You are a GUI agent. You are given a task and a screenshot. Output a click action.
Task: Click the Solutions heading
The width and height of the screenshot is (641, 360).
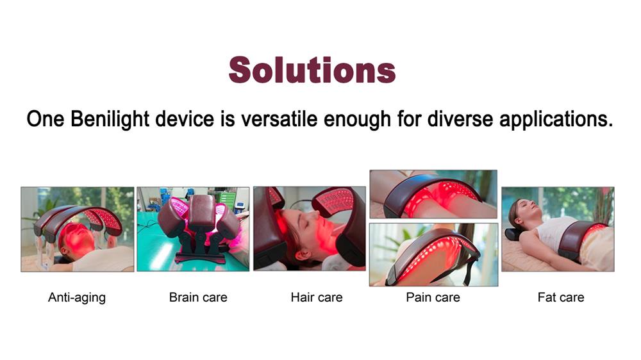(312, 70)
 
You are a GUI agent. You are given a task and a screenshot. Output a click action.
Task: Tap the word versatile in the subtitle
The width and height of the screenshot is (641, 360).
(279, 119)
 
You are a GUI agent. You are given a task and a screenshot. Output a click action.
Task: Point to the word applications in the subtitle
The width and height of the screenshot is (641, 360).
(556, 120)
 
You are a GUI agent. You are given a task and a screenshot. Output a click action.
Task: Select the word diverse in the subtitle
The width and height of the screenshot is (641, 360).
(460, 119)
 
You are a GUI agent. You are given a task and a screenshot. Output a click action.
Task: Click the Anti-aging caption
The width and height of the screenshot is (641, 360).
(77, 297)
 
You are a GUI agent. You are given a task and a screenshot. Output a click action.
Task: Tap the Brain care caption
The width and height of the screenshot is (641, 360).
(198, 297)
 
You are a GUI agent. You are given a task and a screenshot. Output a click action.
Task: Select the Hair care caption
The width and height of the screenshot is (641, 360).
(317, 297)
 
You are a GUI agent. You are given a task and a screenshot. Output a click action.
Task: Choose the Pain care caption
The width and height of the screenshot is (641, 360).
(433, 297)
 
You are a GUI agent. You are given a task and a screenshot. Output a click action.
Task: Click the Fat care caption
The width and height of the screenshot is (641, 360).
(561, 297)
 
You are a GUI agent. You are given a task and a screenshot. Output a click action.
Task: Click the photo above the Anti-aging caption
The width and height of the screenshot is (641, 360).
(78, 229)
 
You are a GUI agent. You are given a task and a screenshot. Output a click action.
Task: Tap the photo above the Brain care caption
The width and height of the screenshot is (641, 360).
(193, 229)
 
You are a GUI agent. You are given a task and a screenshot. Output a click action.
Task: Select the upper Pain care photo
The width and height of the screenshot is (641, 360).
(433, 194)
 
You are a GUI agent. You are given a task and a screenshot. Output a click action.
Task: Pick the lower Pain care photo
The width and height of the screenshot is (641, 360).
(434, 254)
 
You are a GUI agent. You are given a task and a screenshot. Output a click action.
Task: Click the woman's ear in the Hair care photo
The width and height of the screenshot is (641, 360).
(303, 256)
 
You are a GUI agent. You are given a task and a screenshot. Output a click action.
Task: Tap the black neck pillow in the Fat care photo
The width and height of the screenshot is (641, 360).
(513, 234)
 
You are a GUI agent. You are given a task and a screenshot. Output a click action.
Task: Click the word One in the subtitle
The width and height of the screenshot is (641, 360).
(46, 119)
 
